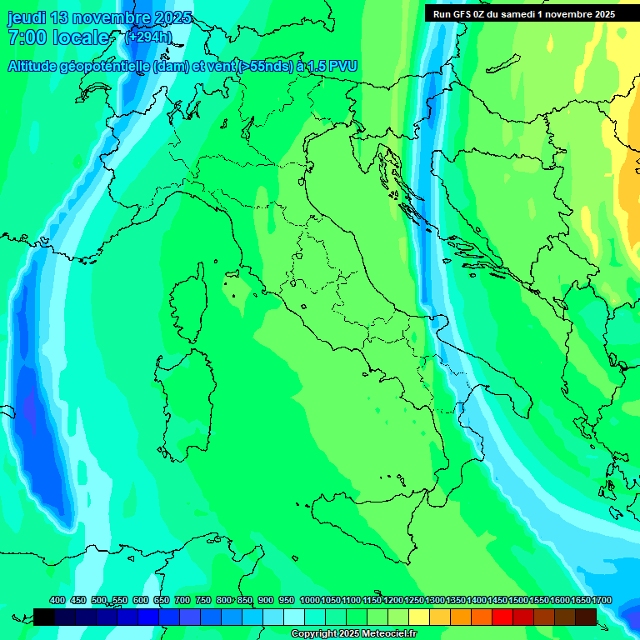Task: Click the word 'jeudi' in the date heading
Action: (26, 17)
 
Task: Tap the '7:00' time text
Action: (27, 37)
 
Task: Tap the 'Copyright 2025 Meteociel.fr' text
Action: (353, 633)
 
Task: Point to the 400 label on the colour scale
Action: (57, 600)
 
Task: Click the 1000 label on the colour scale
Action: (310, 600)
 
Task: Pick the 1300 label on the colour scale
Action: (435, 600)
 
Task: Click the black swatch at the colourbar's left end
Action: (44, 617)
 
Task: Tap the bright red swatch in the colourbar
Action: (502, 617)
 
